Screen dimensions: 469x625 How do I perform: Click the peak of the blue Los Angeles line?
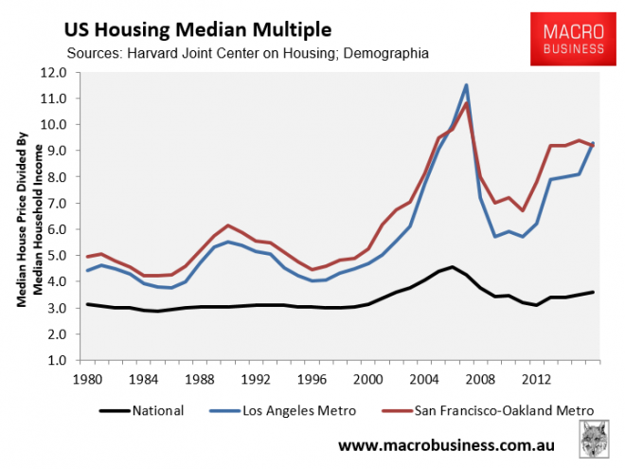(467, 84)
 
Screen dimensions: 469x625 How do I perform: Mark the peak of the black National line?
(453, 267)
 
